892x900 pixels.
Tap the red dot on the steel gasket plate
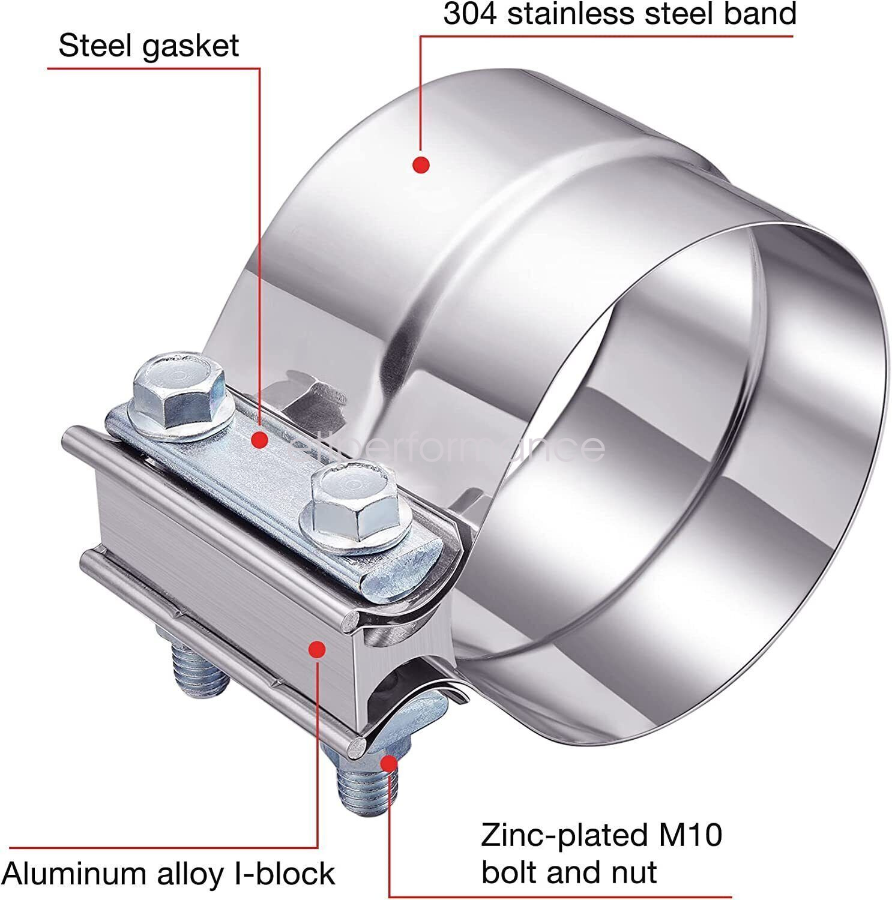259,440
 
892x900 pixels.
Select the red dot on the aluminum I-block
317,649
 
